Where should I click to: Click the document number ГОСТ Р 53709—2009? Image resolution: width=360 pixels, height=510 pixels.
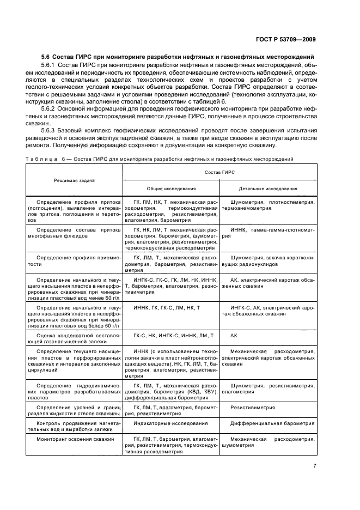(x=286, y=39)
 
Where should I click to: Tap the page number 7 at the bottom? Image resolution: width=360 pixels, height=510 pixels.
(x=314, y=465)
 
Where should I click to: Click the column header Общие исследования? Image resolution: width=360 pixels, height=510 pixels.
(x=170, y=189)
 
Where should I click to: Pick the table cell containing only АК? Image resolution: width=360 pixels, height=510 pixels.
(x=234, y=336)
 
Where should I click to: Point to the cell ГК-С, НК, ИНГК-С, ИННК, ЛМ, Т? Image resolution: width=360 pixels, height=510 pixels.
(x=170, y=336)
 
